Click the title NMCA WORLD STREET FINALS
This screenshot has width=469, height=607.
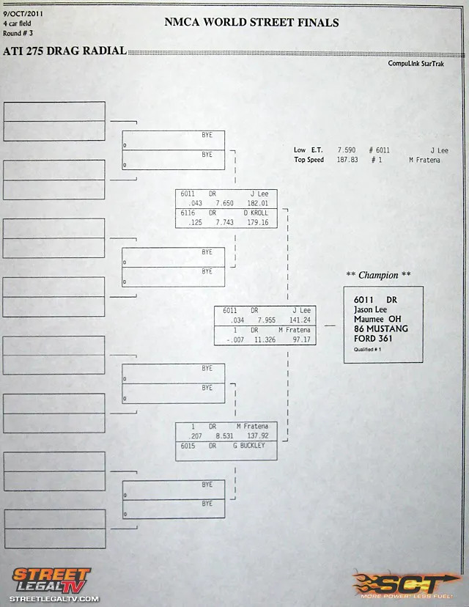tap(251, 23)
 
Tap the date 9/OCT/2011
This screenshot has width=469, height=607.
tap(23, 13)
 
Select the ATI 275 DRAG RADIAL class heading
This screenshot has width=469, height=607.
tap(65, 51)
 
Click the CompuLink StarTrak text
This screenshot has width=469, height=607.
tap(416, 64)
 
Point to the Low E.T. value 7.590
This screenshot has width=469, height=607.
tap(347, 150)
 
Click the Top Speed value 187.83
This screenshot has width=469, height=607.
tap(347, 160)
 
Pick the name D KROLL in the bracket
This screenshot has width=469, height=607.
tap(256, 213)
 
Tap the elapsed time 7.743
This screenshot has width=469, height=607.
tap(224, 223)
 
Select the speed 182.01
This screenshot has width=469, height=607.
tap(258, 203)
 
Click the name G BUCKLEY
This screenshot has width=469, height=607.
tap(249, 446)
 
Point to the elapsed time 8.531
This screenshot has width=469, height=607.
tap(224, 436)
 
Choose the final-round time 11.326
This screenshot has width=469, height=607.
tap(265, 340)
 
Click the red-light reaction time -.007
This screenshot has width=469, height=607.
tap(235, 340)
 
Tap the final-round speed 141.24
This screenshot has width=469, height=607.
tap(300, 320)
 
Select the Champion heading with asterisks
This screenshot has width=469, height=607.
tap(378, 275)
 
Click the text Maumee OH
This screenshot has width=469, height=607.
tap(377, 319)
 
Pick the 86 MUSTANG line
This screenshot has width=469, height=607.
tap(381, 328)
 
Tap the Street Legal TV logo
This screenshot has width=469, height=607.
tap(53, 584)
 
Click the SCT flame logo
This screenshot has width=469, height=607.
tap(406, 584)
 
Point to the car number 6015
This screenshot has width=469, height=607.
tap(188, 446)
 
